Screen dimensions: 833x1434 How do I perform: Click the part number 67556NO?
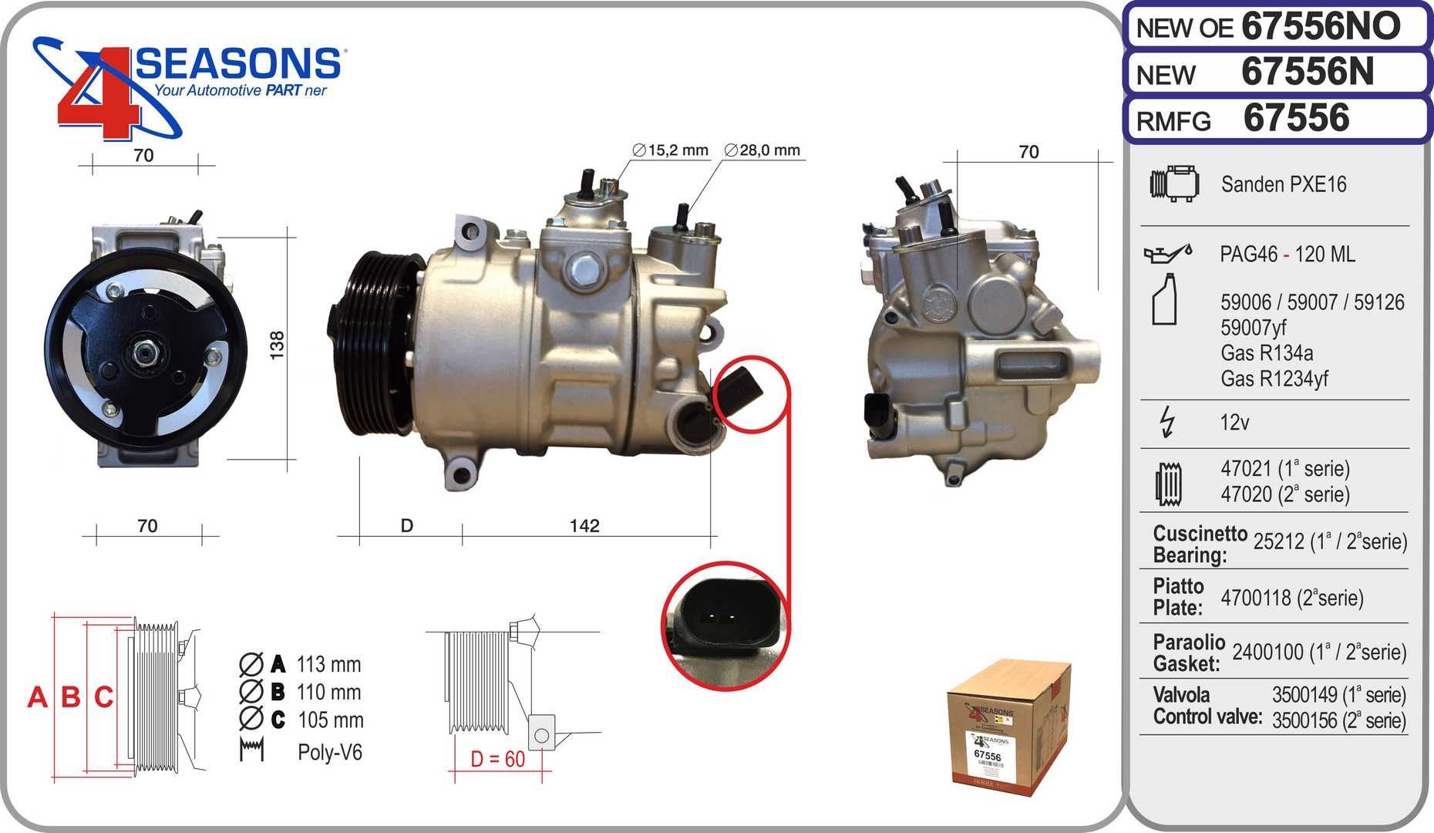1321,27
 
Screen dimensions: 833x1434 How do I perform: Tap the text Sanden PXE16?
1284,184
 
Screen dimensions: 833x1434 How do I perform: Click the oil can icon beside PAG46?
1166,252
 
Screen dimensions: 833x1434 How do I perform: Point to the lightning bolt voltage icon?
1167,423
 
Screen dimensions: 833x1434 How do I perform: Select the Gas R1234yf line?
1274,379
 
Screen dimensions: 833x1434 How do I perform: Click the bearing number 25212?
1279,542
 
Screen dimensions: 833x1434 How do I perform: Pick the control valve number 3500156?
1304,721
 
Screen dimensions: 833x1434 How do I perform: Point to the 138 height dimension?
278,342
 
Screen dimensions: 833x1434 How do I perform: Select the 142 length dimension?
584,526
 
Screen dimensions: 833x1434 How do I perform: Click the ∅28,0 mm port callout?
762,150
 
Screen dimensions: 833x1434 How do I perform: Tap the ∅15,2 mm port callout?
669,150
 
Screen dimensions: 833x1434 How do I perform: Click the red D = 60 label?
498,759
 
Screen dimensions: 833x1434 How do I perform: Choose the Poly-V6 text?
329,753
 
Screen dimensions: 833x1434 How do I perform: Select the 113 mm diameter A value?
328,664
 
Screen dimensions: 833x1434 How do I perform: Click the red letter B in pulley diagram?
70,697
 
